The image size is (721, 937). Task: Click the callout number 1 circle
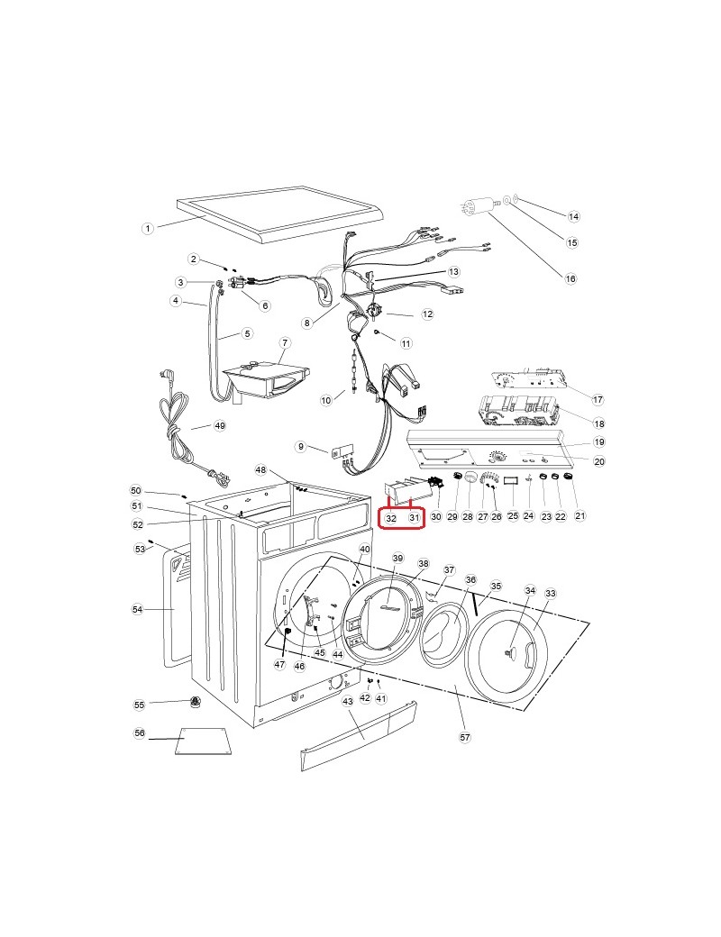147,228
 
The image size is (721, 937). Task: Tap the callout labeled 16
570,278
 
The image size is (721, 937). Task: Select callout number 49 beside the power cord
220,425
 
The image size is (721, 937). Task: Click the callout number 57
465,737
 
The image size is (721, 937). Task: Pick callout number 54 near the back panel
138,609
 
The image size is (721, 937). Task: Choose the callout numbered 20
599,460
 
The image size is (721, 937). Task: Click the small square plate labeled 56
203,741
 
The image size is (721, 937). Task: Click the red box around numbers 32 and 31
401,517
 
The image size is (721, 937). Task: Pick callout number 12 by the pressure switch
427,314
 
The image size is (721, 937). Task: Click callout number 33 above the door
550,594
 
